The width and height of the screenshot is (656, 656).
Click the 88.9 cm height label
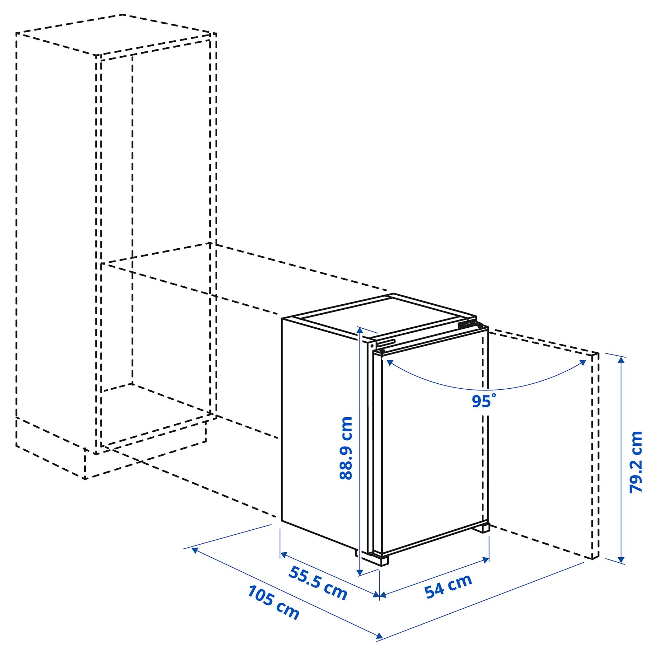click(346, 448)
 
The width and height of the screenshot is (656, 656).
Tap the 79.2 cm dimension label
click(636, 462)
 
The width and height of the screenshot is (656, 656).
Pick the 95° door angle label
click(483, 401)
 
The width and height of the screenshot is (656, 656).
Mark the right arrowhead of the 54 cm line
click(486, 559)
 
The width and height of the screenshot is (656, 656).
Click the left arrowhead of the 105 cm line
click(194, 549)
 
